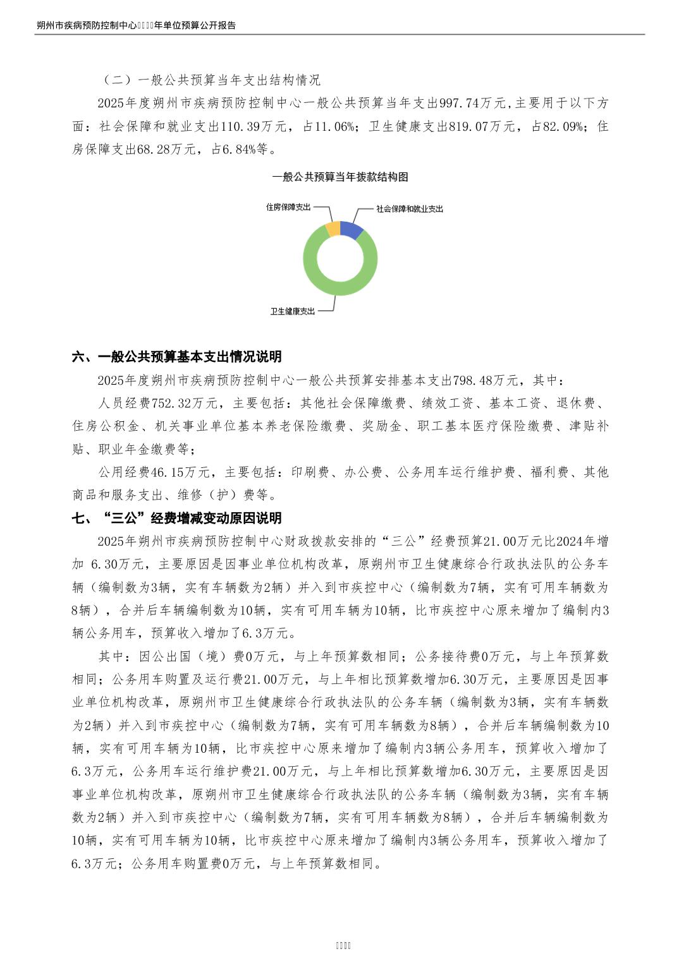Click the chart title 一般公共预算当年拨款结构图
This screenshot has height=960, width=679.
340,177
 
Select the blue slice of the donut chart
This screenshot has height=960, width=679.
353,229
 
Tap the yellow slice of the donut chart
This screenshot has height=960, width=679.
333,228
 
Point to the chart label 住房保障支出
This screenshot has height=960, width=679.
288,207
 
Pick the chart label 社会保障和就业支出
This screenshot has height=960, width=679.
410,209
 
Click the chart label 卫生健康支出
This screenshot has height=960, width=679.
292,311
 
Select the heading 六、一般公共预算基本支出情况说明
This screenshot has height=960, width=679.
177,357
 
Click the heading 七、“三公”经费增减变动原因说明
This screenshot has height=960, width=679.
177,519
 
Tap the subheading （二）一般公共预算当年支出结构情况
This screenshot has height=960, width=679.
211,80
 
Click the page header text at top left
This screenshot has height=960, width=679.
136,26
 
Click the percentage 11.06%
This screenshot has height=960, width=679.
334,126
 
